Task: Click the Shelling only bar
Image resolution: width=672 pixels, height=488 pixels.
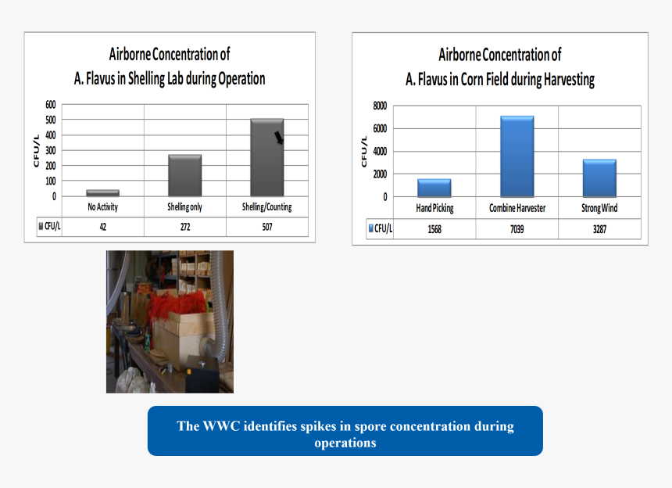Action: [x=184, y=175]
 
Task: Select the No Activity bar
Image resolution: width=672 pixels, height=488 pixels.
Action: [x=103, y=193]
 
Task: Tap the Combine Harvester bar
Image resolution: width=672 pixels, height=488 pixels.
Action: [x=517, y=156]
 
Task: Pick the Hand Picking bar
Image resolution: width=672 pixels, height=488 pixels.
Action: [x=434, y=188]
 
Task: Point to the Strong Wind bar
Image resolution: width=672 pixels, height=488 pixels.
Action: [x=599, y=178]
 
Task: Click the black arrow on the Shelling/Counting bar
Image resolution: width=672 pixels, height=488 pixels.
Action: [x=279, y=138]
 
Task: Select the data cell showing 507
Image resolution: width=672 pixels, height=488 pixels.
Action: [x=267, y=227]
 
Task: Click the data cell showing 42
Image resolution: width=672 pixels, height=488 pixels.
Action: [x=103, y=227]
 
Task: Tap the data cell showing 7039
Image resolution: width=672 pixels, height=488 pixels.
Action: [x=517, y=229]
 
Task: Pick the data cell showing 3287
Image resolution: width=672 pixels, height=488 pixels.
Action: [x=599, y=229]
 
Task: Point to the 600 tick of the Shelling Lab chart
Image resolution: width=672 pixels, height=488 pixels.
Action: [x=51, y=105]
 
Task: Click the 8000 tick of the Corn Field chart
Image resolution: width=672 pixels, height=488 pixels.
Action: [x=380, y=106]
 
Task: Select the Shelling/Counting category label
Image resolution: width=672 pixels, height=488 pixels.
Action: [x=267, y=207]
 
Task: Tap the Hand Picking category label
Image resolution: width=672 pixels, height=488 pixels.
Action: [x=434, y=208]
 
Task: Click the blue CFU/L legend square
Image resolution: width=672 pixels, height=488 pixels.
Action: [x=371, y=228]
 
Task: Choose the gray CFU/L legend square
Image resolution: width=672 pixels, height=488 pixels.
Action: [x=41, y=226]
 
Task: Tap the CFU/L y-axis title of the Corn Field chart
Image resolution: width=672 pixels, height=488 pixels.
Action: [x=364, y=152]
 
